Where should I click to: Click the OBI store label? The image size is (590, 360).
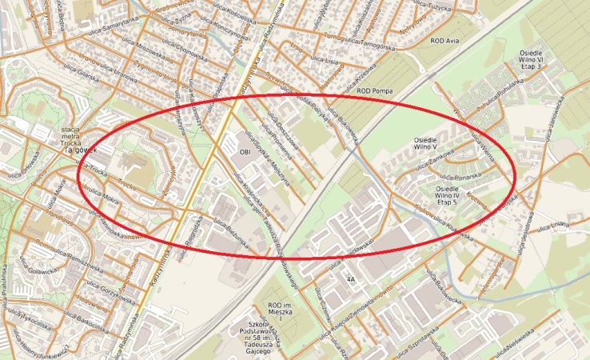coord(245,150)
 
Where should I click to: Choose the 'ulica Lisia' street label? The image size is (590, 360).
coord(321,60)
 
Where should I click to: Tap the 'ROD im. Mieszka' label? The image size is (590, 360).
coord(284,310)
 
